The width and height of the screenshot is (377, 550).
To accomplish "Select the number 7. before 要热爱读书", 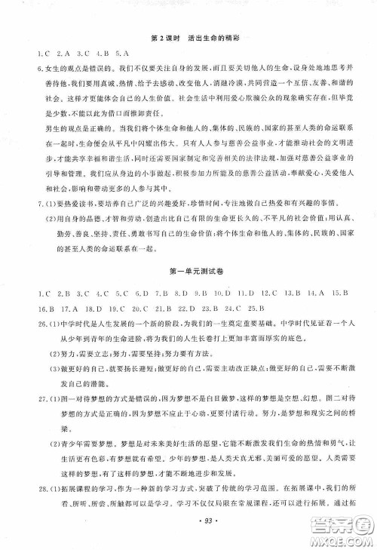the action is click(29, 206).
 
